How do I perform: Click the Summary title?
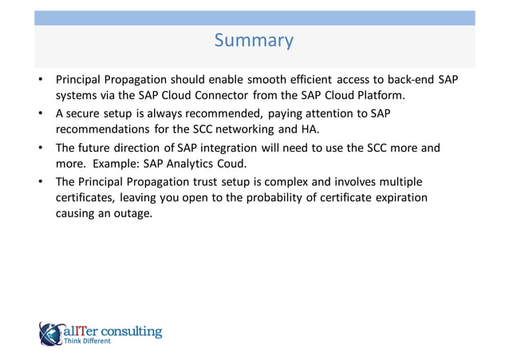(254, 40)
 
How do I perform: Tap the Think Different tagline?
(93, 341)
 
